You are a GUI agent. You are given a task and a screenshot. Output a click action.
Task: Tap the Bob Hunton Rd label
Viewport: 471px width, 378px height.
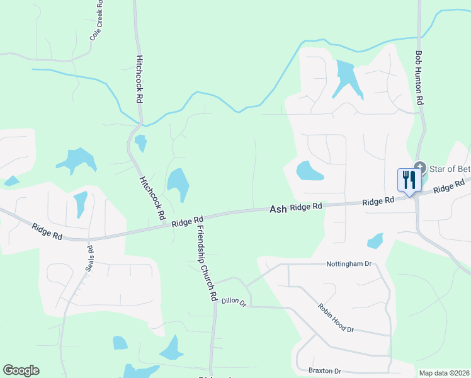click(419, 78)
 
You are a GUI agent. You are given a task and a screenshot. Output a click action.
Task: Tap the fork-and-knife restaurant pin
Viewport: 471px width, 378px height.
click(409, 181)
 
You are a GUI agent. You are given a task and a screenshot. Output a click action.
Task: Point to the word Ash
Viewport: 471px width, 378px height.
click(278, 209)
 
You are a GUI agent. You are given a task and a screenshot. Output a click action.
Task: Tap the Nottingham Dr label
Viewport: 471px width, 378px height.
click(349, 264)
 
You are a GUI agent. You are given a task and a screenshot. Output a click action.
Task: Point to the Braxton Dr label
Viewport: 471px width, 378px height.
click(324, 370)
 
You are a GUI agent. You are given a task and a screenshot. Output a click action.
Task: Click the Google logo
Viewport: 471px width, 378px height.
click(21, 370)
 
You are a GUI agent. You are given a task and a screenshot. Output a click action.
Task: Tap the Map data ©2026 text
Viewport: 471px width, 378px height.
click(444, 373)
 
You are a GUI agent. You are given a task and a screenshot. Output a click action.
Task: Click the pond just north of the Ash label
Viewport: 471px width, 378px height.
click(309, 171)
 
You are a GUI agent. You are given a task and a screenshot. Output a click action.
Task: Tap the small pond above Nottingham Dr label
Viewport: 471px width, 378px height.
click(375, 241)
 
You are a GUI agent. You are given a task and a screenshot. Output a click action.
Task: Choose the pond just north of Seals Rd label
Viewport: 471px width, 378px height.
click(80, 203)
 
